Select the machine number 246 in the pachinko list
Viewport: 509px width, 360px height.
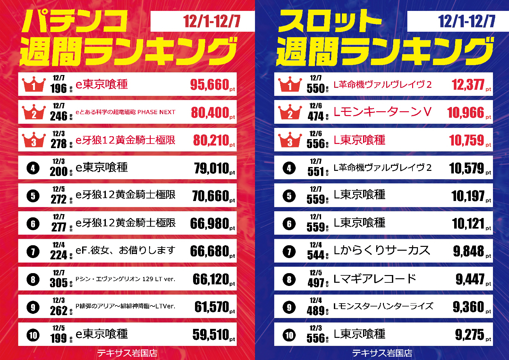[x=59, y=116]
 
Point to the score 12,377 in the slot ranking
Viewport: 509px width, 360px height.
[x=468, y=85]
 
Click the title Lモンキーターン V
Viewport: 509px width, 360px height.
[x=382, y=112]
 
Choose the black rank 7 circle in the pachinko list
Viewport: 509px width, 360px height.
[x=33, y=252]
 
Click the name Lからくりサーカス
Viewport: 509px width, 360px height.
[x=382, y=250]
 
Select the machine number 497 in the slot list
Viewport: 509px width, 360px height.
[x=316, y=283]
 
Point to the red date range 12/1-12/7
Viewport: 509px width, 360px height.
[x=212, y=21]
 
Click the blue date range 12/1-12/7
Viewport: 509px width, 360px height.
[x=467, y=21]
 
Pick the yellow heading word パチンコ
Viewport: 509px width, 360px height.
[x=74, y=21]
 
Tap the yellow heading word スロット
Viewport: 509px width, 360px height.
[x=330, y=21]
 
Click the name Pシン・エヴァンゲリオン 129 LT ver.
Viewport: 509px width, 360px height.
[x=125, y=279]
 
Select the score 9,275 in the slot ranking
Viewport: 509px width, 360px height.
[x=470, y=335]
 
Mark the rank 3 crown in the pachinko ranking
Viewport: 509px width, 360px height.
[x=34, y=140]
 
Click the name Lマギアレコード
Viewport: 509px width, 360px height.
[x=375, y=279]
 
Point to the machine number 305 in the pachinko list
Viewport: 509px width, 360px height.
[x=59, y=283]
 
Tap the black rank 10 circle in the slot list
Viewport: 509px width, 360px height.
[x=289, y=335]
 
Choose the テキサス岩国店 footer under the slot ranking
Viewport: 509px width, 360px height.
[x=382, y=353]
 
